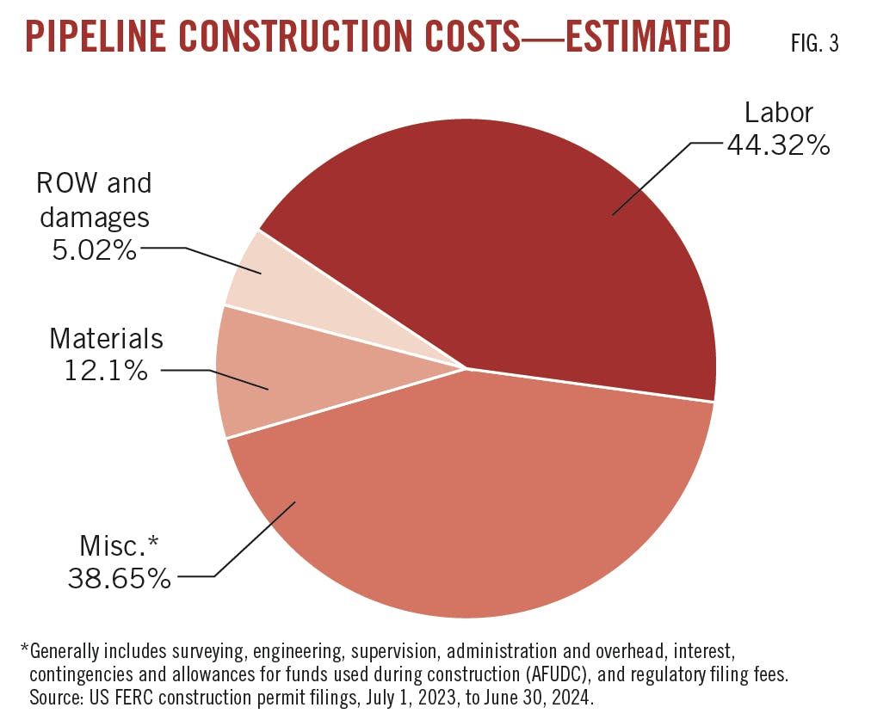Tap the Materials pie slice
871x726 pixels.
point(258,378)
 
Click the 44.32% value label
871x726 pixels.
point(778,145)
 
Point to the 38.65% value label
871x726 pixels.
point(120,578)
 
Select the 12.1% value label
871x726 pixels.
point(106,371)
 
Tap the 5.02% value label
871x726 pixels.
point(93,250)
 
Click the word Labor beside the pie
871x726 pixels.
point(778,113)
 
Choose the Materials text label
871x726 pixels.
point(106,338)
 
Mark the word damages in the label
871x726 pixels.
point(94,217)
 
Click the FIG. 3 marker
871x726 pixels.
point(814,44)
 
